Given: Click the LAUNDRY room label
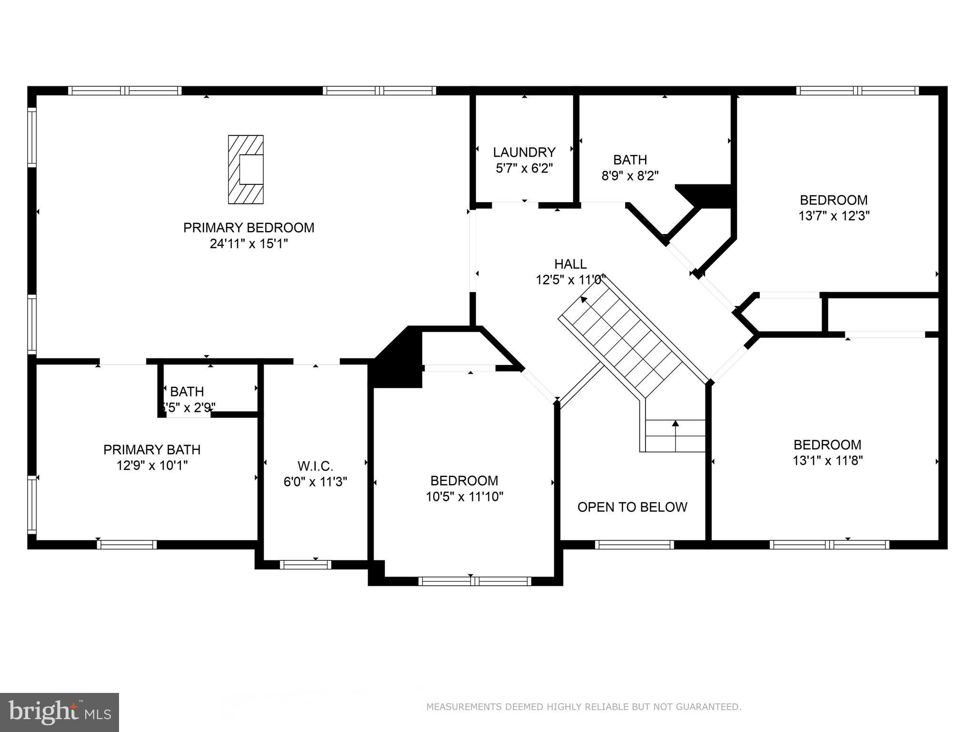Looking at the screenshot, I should [x=524, y=152].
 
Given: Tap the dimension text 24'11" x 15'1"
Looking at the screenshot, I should [x=249, y=244].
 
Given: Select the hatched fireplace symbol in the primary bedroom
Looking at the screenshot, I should [x=246, y=170].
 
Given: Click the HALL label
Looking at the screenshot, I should [x=570, y=264].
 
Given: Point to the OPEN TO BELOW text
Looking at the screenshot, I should [x=632, y=507].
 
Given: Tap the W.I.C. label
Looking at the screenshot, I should [x=315, y=466].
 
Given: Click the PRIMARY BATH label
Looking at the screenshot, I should [x=152, y=449].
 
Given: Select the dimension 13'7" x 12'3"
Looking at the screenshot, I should [x=834, y=216].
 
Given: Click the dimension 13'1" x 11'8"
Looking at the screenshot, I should [x=827, y=461].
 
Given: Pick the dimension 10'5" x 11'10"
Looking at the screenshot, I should [x=464, y=497].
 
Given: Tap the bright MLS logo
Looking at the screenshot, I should [x=60, y=712].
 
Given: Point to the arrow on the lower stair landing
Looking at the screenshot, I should [x=675, y=423].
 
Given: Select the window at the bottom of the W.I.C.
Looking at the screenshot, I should [x=305, y=565].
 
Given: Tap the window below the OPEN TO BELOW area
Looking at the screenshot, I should [x=634, y=545].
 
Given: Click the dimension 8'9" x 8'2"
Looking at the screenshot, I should [x=630, y=176].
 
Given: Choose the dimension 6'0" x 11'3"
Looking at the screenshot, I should [x=315, y=482].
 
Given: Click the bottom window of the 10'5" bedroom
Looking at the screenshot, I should [x=475, y=581].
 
